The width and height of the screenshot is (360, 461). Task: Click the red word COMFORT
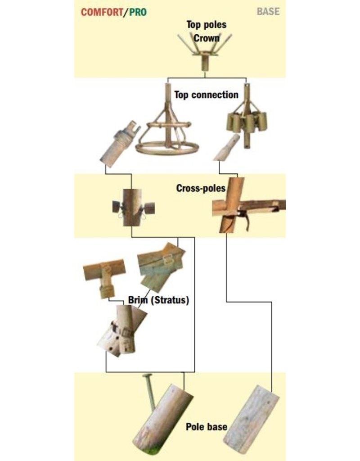click(102, 12)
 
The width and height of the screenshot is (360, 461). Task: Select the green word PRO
click(138, 12)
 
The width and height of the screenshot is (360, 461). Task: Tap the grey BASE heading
click(268, 11)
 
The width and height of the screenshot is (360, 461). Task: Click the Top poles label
click(207, 24)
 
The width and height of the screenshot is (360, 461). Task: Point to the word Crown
click(206, 38)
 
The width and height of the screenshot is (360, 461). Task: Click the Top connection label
click(206, 95)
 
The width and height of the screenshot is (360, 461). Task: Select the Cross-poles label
click(201, 188)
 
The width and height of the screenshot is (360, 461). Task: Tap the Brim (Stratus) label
click(159, 300)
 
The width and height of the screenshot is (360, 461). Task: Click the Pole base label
click(206, 427)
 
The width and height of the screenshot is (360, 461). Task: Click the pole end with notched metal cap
click(119, 144)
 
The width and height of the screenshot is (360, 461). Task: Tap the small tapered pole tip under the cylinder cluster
click(227, 148)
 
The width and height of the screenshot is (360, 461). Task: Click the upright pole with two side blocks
click(133, 208)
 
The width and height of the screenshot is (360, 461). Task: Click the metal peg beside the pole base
click(150, 391)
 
